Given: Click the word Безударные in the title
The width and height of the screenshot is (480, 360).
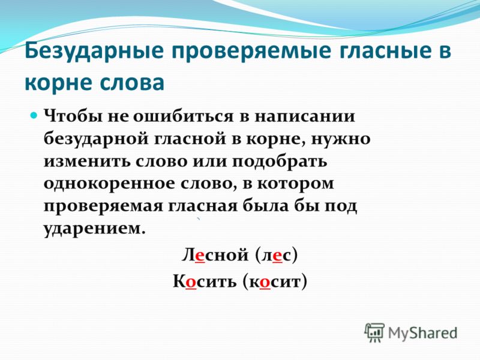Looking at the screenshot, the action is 94,52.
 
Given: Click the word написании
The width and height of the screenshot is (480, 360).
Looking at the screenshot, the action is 305,116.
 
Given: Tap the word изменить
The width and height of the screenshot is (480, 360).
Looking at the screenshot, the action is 87,161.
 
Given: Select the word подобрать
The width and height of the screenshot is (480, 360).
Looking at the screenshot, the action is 279,161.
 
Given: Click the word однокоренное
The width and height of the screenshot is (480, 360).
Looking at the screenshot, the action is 107,184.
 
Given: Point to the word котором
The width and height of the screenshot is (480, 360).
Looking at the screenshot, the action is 295,184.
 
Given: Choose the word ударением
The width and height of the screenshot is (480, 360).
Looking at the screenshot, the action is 94,229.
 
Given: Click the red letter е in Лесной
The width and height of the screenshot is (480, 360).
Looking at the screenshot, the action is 200,256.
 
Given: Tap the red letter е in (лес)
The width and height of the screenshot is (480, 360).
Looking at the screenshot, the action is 277,256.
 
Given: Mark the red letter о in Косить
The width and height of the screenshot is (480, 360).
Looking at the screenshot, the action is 190,282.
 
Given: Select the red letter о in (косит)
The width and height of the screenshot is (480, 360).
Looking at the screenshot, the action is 265,282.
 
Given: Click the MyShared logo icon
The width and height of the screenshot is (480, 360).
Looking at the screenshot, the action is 374,332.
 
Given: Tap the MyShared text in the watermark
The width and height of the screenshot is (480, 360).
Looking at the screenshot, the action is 422,333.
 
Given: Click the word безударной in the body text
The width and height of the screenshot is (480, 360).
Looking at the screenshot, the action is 96,139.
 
